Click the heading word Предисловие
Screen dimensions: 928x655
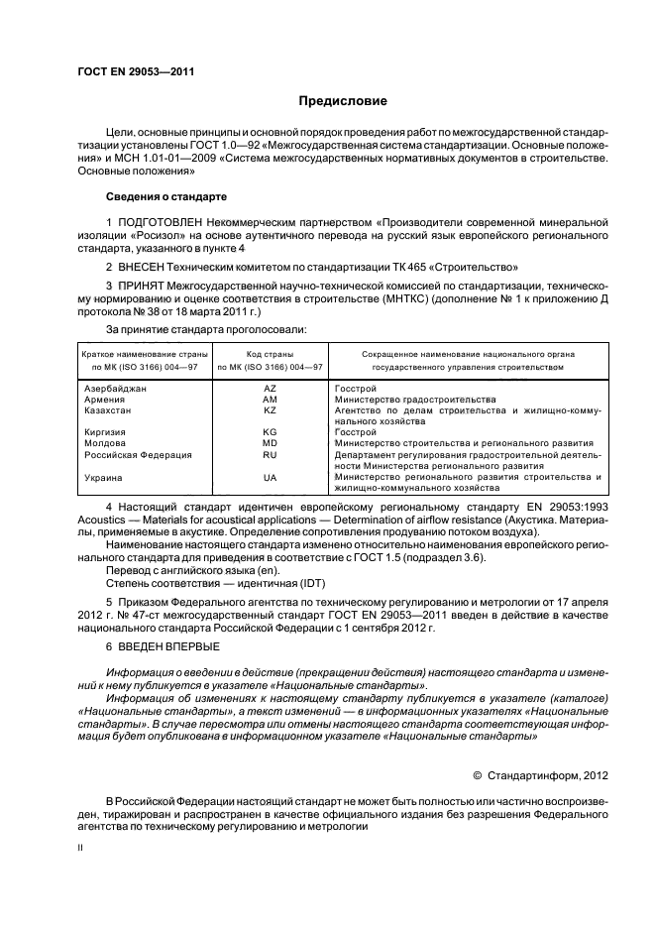(x=344, y=101)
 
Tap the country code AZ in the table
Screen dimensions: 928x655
(x=270, y=389)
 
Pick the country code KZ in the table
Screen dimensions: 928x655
(x=270, y=410)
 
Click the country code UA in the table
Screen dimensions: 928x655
(x=270, y=477)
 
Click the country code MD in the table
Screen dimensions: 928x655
(x=270, y=443)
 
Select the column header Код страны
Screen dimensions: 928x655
(x=270, y=354)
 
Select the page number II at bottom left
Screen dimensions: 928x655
(x=81, y=850)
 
